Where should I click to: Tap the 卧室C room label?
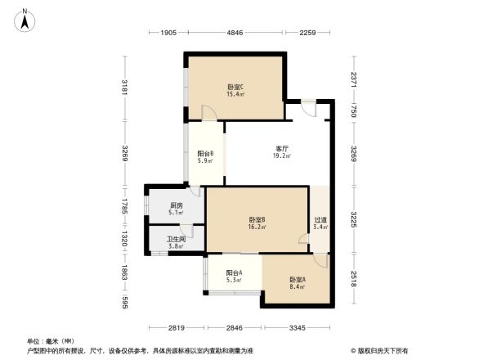click(235, 87)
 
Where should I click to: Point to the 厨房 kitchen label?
click(176, 205)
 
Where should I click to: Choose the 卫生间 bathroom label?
click(177, 239)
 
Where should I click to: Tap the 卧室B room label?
click(257, 219)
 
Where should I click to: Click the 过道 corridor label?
click(320, 219)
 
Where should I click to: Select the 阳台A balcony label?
click(212, 275)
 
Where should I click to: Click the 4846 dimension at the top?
click(235, 34)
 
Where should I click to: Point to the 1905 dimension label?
click(168, 34)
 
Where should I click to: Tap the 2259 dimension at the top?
click(307, 34)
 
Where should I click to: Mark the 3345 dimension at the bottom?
click(296, 328)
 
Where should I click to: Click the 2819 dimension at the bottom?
click(176, 328)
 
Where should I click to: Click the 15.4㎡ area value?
click(235, 94)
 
